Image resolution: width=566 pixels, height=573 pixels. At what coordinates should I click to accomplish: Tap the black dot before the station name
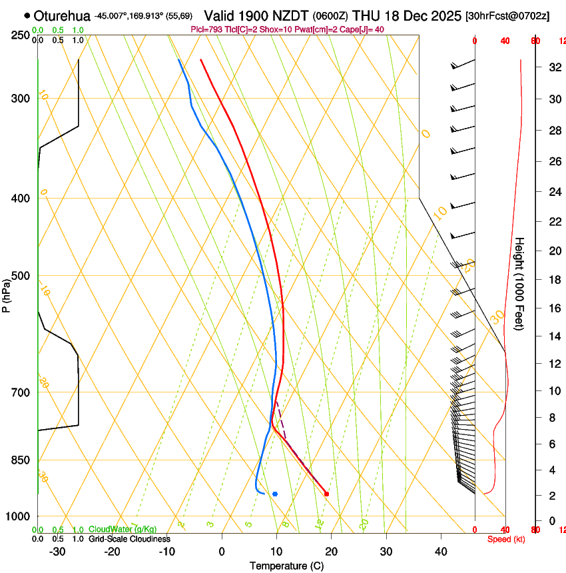pos(27,15)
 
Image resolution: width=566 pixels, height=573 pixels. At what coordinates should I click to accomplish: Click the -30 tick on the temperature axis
pos(58,551)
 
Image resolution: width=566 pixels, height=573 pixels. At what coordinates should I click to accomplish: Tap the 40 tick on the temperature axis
pos(441,551)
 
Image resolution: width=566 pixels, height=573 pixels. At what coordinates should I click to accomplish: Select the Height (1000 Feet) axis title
pos(519,283)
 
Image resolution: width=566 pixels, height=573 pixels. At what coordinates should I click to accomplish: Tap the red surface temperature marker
pos(326,494)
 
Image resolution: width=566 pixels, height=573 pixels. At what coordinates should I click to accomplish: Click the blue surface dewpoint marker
pos(275,494)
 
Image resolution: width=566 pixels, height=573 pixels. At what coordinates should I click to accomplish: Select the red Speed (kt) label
pos(505,539)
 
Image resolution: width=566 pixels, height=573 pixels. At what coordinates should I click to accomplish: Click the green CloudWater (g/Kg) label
pos(123,529)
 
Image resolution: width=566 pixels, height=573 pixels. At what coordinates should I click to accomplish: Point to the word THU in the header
pos(366,15)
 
